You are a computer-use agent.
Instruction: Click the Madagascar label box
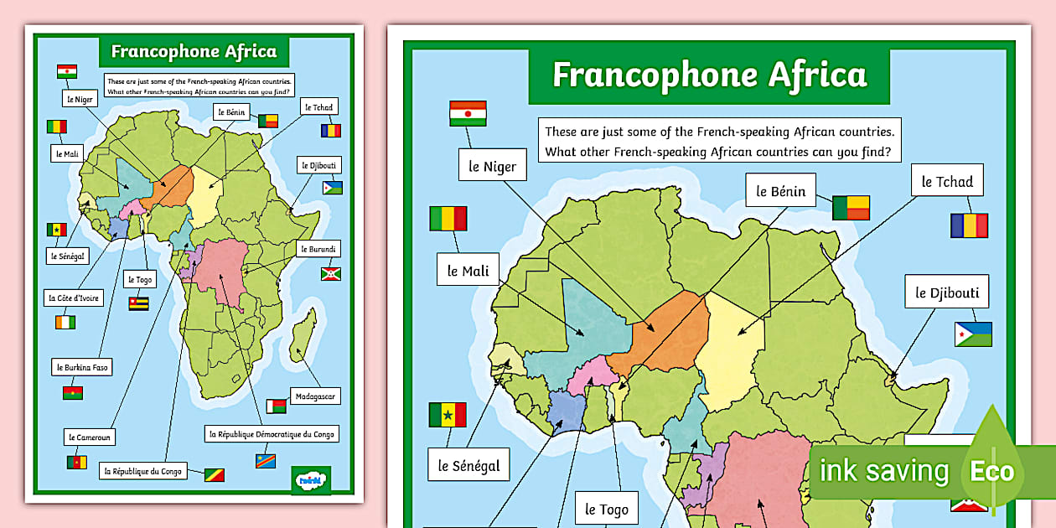click(x=315, y=396)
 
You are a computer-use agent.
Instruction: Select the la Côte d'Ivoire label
click(x=75, y=298)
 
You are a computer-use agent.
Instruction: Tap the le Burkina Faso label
click(x=82, y=367)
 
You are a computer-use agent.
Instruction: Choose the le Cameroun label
click(x=90, y=437)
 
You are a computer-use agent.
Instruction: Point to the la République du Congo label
click(x=142, y=471)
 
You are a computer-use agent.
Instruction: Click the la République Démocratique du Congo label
click(x=272, y=434)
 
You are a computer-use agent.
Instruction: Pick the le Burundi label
click(x=318, y=249)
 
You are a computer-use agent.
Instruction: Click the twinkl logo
click(x=310, y=479)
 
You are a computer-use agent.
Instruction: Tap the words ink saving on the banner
click(x=884, y=471)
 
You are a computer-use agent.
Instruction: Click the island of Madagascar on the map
click(x=303, y=344)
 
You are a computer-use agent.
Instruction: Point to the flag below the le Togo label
click(x=138, y=303)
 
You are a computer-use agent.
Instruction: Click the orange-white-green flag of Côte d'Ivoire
click(x=65, y=322)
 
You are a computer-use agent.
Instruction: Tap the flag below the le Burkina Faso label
click(x=73, y=392)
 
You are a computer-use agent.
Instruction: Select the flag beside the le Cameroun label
click(x=77, y=462)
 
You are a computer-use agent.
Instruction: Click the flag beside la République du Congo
click(x=214, y=474)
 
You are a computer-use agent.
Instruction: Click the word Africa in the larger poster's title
click(x=816, y=75)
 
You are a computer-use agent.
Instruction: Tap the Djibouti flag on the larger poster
click(x=973, y=334)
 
